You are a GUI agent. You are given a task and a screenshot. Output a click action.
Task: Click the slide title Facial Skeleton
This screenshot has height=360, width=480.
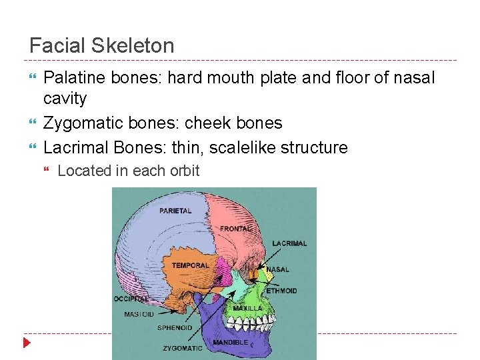pyautogui.click(x=102, y=46)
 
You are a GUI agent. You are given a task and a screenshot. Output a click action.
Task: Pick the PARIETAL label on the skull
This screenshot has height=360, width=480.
pyautogui.click(x=175, y=211)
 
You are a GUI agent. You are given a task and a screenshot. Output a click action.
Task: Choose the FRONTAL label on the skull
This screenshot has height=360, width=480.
pyautogui.click(x=235, y=229)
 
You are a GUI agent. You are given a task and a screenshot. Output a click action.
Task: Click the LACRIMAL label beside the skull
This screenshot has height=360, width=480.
pyautogui.click(x=289, y=243)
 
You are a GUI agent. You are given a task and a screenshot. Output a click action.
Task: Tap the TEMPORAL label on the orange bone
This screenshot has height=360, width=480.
pyautogui.click(x=191, y=265)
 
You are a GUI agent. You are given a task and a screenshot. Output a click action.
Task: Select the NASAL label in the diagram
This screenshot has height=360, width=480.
pyautogui.click(x=278, y=270)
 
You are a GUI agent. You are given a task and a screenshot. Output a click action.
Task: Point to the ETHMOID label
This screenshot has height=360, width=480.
pyautogui.click(x=281, y=291)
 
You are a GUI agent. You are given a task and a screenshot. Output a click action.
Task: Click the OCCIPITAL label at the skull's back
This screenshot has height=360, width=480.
pyautogui.click(x=131, y=299)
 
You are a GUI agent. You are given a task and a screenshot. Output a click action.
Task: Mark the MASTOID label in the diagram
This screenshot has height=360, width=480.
pyautogui.click(x=139, y=314)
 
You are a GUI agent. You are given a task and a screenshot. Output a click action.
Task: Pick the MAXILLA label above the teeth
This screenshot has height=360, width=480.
pyautogui.click(x=247, y=309)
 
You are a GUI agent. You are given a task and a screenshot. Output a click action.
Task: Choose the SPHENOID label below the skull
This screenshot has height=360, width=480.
pyautogui.click(x=175, y=328)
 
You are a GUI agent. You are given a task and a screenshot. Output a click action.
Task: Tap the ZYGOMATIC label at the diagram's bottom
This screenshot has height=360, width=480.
pyautogui.click(x=182, y=348)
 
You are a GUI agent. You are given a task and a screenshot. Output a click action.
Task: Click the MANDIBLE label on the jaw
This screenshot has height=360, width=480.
pyautogui.click(x=230, y=343)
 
